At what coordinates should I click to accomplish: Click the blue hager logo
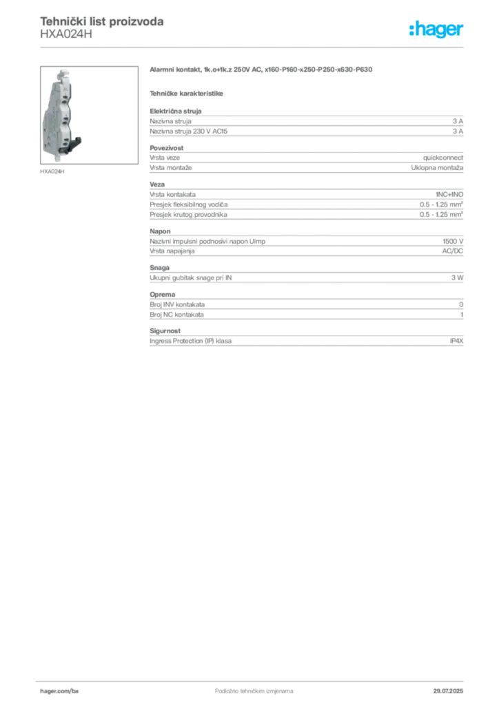click(x=437, y=30)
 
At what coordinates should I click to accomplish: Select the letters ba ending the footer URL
click(x=76, y=688)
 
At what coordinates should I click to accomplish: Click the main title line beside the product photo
click(x=262, y=70)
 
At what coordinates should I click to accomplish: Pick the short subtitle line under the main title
click(x=188, y=92)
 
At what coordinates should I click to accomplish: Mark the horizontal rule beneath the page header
click(x=254, y=47)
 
